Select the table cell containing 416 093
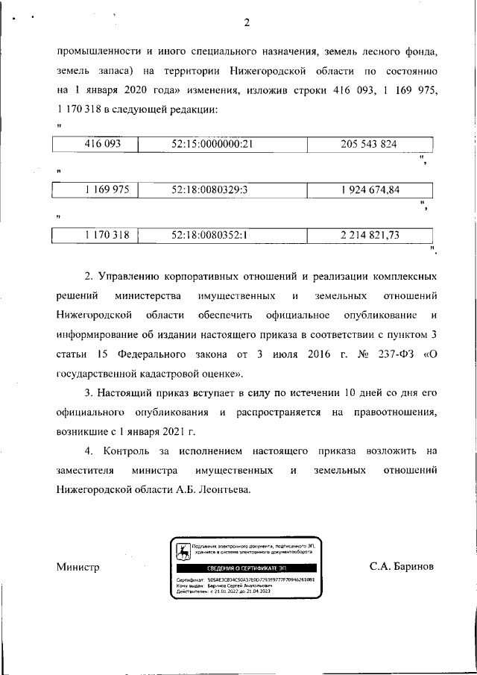tap(97, 144)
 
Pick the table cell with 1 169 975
tap(97, 189)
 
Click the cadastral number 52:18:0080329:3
tap(209, 189)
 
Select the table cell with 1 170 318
tap(97, 235)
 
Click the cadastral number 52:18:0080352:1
tap(209, 235)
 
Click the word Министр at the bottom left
tap(78, 567)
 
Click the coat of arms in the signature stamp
tap(181, 553)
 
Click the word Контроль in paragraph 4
tap(130, 451)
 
